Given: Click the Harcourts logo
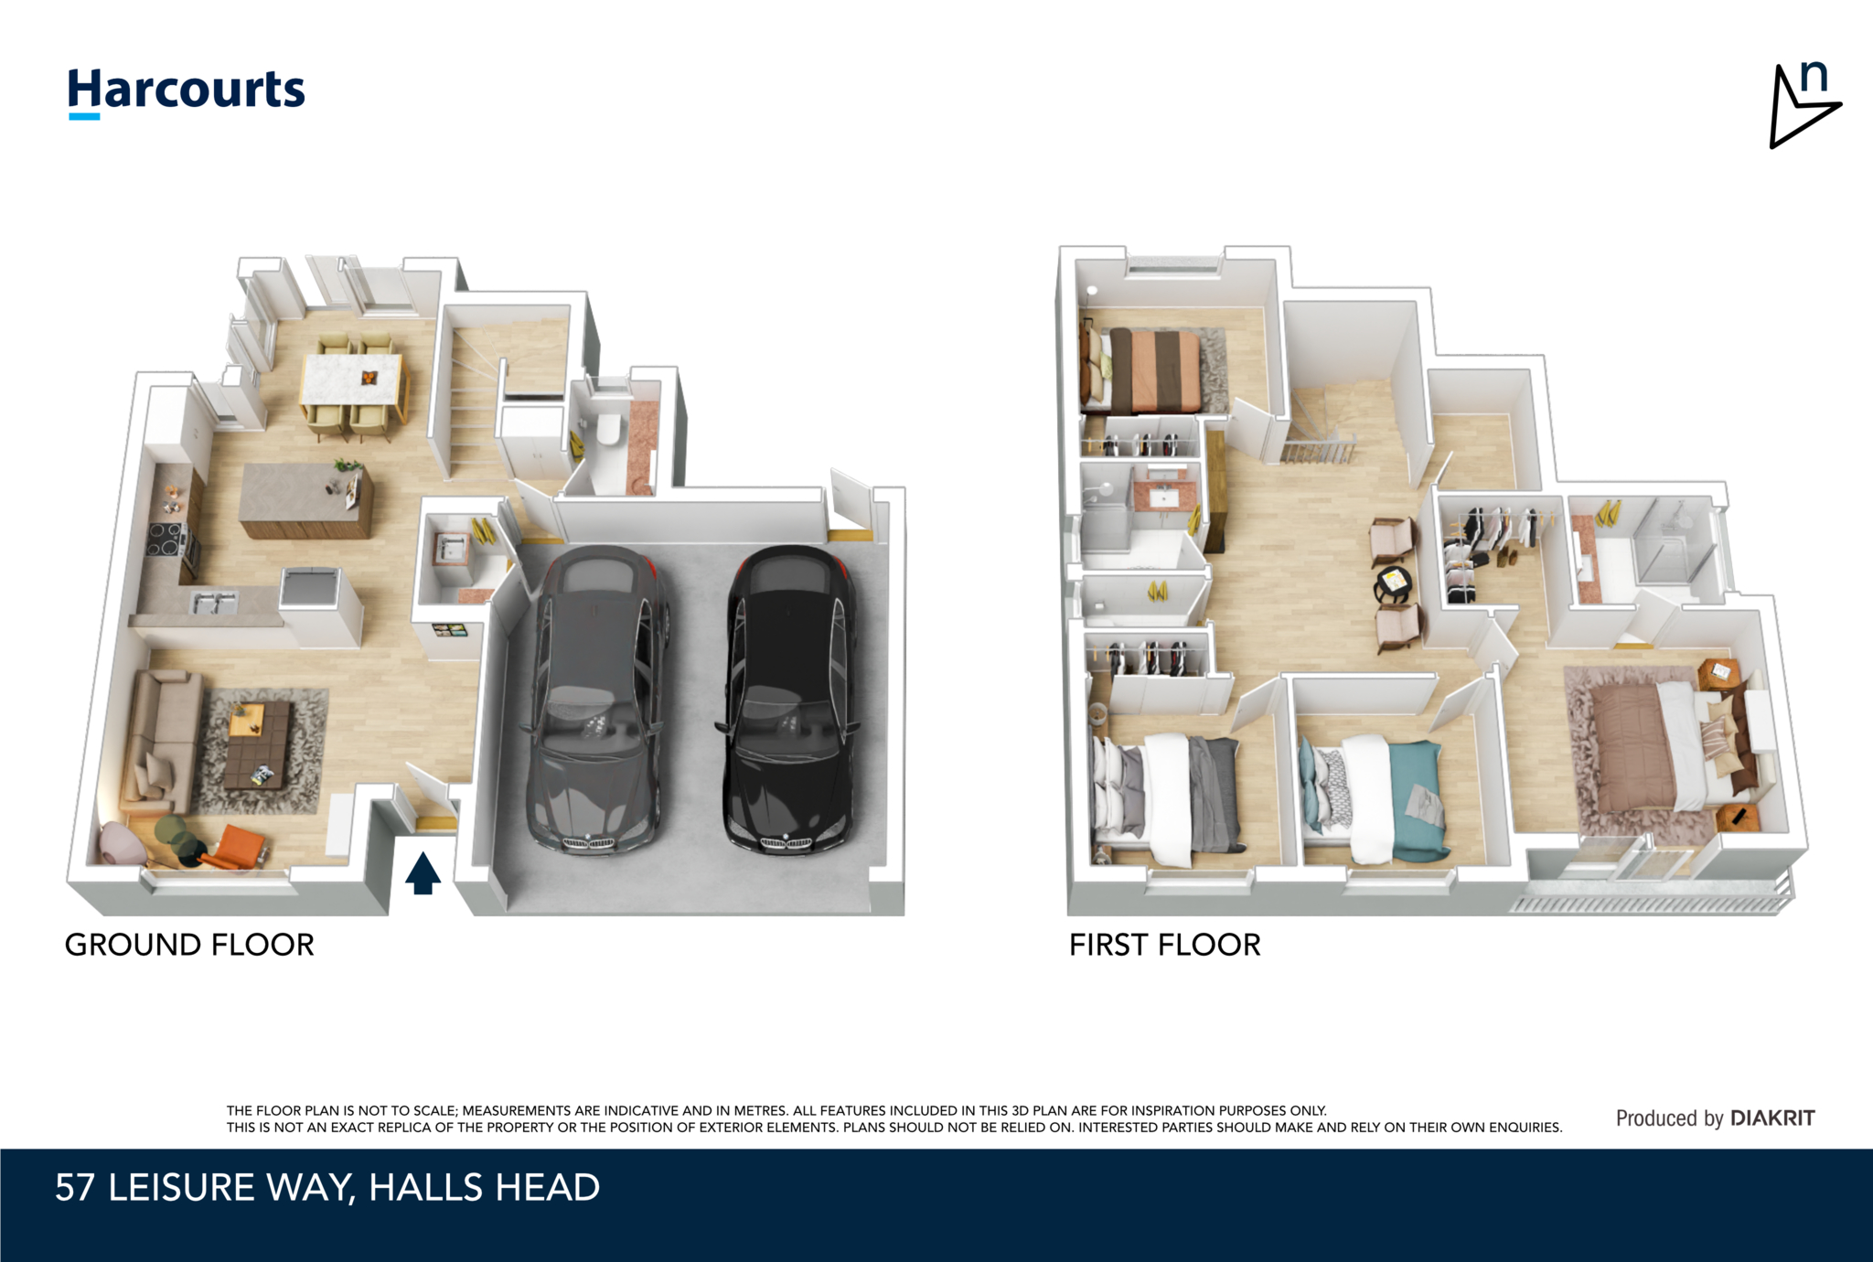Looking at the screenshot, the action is click(x=187, y=92).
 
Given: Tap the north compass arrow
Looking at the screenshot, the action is click(x=1803, y=105).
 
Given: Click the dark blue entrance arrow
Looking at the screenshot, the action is click(x=423, y=873).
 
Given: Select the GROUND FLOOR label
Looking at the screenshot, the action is click(x=189, y=945).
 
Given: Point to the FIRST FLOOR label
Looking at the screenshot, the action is click(x=1165, y=945).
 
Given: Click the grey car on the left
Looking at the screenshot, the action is click(x=597, y=700).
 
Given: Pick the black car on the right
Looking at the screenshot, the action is click(x=788, y=700).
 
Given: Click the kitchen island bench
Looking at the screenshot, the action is click(x=305, y=500).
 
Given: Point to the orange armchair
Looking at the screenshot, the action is click(x=235, y=848).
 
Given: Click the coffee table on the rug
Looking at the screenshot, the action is click(x=259, y=743).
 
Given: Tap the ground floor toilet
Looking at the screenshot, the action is click(x=606, y=428).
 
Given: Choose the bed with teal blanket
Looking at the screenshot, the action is click(x=1374, y=797).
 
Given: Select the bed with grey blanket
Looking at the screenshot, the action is click(x=1167, y=797).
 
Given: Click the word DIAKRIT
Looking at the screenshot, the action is click(x=1772, y=1118).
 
